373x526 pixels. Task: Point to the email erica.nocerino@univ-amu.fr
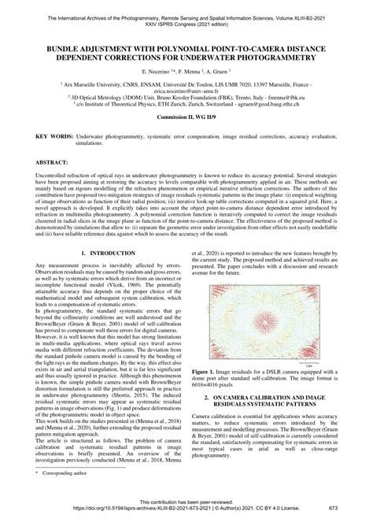186,90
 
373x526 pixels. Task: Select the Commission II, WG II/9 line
186,117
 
